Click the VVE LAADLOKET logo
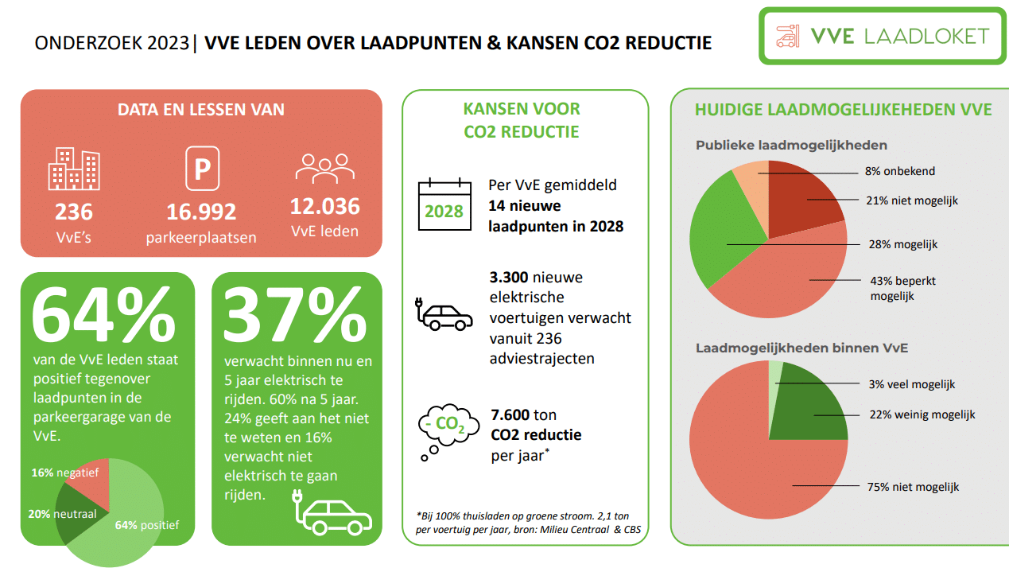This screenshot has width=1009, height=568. point(883,36)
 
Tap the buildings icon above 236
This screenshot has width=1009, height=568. point(74,169)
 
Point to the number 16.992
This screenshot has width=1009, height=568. point(201,212)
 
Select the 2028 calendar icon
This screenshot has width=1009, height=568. point(443,205)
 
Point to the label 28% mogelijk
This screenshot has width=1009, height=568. point(903,244)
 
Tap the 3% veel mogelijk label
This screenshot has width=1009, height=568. point(912,384)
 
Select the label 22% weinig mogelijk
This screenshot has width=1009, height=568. point(922,414)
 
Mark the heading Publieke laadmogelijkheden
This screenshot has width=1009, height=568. point(791,146)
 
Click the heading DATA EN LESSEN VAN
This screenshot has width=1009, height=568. point(201,110)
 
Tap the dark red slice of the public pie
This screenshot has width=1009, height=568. point(803,199)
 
